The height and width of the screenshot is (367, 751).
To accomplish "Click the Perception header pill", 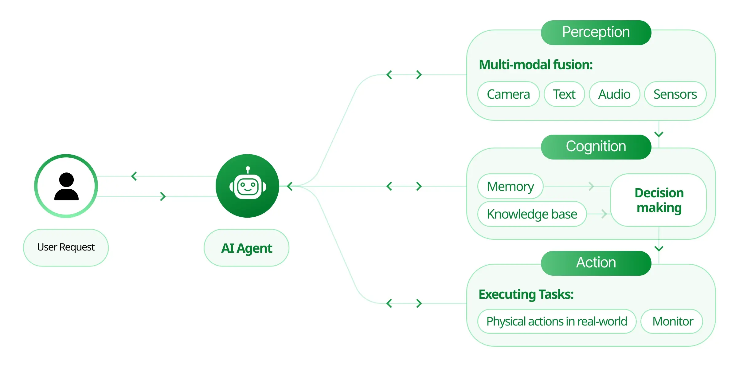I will [x=596, y=33].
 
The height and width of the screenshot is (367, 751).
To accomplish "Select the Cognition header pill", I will [x=596, y=147].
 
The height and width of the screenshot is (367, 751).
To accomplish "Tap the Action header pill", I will [x=596, y=263].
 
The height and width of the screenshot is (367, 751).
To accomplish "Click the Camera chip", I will [x=508, y=94].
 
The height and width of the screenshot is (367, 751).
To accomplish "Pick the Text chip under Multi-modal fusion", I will [x=564, y=94].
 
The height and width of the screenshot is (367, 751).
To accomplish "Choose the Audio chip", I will [x=614, y=94].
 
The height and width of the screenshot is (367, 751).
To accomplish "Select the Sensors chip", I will [x=675, y=94].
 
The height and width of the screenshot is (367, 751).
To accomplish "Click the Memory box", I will [x=510, y=186].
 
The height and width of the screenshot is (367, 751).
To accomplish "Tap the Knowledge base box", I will [x=532, y=214].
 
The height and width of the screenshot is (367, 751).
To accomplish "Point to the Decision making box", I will [x=659, y=200].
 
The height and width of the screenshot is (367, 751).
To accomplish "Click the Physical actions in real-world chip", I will [x=557, y=322].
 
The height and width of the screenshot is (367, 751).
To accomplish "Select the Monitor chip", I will [x=672, y=322].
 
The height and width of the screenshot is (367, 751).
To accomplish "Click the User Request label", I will [x=66, y=247].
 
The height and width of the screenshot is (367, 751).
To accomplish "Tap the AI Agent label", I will [x=246, y=248].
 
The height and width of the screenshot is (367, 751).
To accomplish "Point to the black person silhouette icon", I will [x=66, y=187].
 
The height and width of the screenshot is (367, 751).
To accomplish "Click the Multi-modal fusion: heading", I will [x=535, y=65].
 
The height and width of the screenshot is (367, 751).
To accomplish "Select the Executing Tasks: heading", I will [x=526, y=294].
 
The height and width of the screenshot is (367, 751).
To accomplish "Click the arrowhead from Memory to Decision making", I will [x=591, y=186].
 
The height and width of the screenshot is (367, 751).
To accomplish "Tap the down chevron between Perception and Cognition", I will [x=659, y=134].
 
